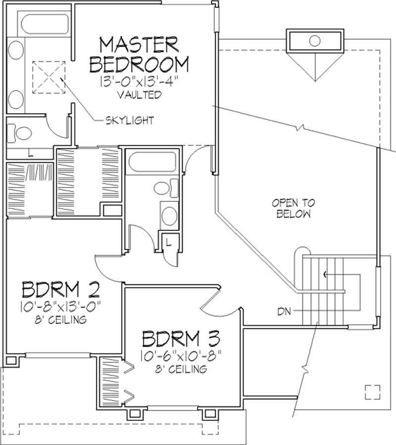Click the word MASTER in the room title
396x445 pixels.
point(139,45)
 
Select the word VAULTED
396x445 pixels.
point(139,94)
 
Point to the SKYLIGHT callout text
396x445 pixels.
point(129,120)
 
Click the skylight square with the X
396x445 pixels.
point(49,77)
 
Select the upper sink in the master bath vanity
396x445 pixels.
point(16,51)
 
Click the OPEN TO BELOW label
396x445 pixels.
point(294,208)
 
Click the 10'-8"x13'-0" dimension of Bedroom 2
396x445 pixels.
point(61,307)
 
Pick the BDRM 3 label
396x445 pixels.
point(182,340)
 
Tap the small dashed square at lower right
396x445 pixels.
point(372,392)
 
